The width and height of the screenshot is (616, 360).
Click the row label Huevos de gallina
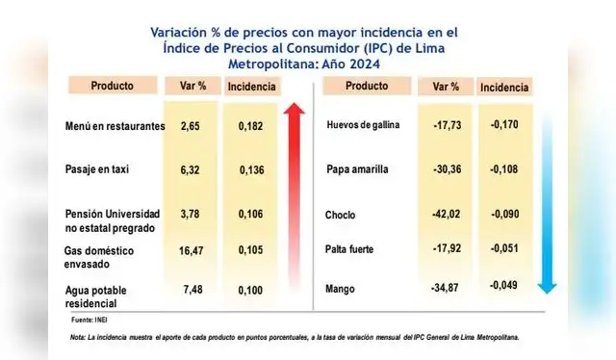[364, 126]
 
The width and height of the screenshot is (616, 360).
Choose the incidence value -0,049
[502, 285]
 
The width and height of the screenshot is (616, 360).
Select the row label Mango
[342, 289]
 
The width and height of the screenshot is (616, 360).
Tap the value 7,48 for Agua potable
[193, 289]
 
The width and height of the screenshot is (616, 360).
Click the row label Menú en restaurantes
[115, 126]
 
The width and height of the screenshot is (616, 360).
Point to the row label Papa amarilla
[358, 169]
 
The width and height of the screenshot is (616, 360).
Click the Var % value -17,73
[446, 125]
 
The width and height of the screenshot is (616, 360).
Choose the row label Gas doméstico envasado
[101, 257]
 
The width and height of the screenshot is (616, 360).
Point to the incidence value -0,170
[504, 125]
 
